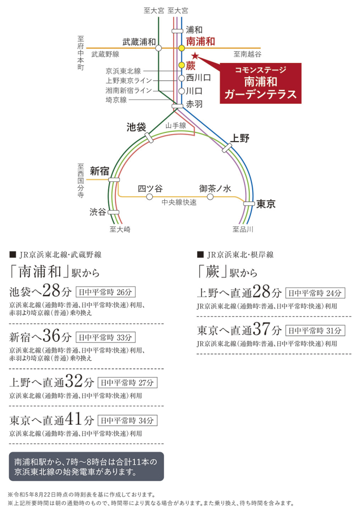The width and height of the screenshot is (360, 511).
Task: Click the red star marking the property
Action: click(195, 55)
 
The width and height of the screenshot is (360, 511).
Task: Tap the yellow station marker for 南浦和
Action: click(181, 48)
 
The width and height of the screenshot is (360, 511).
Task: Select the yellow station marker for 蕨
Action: click(181, 65)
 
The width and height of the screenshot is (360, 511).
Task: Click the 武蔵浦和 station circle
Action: click(158, 48)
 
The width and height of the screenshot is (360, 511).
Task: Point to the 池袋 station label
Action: click(136, 127)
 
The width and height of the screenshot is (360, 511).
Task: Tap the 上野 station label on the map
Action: click(240, 138)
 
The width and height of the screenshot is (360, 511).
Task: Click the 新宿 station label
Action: click(100, 171)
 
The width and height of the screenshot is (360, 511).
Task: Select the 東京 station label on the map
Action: click(266, 204)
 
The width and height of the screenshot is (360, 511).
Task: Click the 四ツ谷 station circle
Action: click(149, 197)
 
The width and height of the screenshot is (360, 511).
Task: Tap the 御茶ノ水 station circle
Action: click(210, 197)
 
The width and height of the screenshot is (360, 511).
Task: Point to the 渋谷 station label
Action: click(98, 212)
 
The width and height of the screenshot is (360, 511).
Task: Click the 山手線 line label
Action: click(176, 126)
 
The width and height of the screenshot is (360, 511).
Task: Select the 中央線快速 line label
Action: click(179, 202)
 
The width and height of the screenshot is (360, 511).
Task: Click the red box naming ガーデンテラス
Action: click(260, 83)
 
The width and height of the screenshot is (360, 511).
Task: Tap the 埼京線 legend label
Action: click(116, 100)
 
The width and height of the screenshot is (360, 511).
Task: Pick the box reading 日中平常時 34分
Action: click(127, 421)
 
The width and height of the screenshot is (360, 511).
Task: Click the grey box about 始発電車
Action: click(86, 467)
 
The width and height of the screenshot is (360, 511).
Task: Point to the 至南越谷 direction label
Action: click(247, 54)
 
